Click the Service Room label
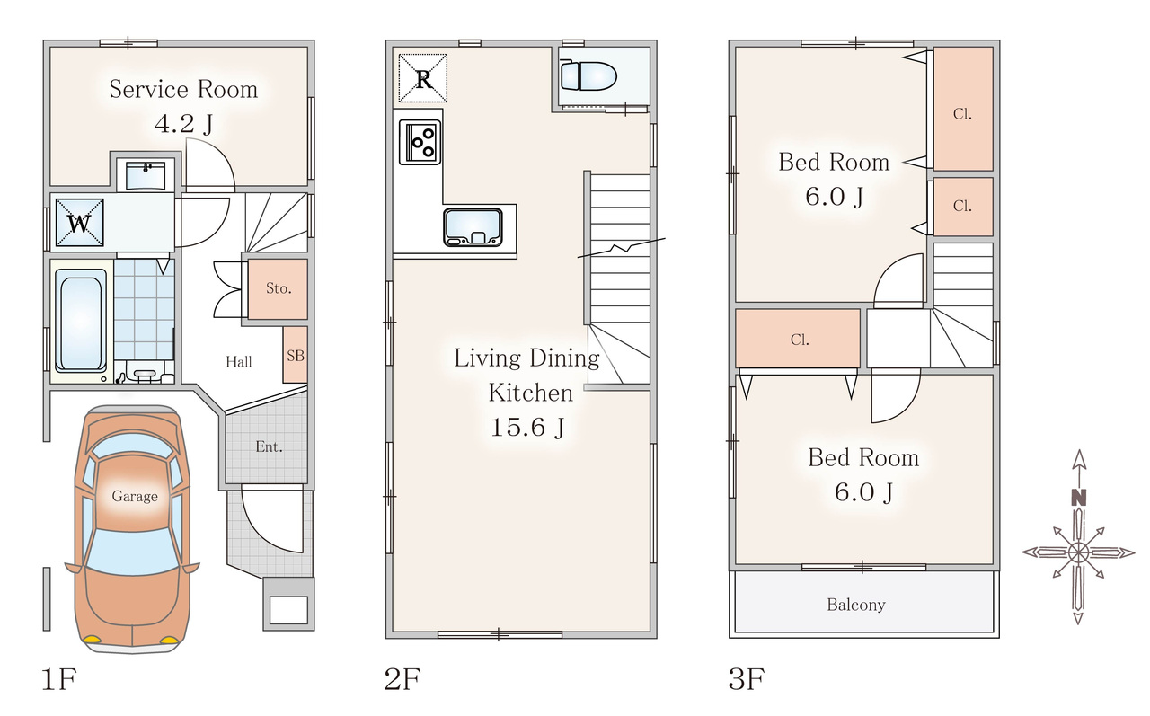183,89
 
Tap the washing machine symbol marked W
80,223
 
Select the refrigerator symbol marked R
423,78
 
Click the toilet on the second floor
588,76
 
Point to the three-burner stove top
420,142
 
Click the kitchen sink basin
473,227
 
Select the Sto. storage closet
278,288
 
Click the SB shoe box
296,355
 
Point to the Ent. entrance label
269,446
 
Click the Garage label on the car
135,496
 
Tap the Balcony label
856,605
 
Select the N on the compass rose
1079,497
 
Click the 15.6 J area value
527,427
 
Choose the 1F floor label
59,678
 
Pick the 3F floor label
747,678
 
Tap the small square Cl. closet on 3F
962,207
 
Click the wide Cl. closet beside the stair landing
798,339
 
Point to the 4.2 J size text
184,124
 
